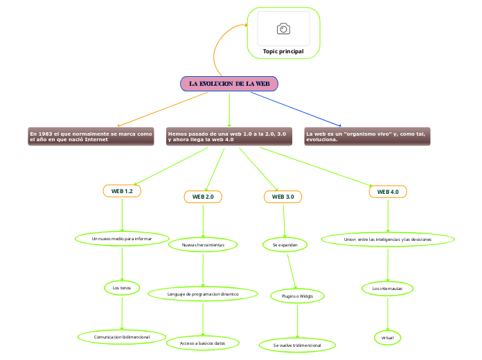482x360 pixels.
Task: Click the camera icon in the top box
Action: pos(283,28)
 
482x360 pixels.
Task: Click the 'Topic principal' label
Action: pos(283,51)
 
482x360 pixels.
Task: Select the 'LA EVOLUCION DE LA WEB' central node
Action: pos(229,84)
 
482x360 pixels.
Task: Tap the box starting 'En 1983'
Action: pos(91,136)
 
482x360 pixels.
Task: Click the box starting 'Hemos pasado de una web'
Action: pos(229,136)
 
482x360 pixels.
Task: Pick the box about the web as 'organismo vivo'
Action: pos(367,136)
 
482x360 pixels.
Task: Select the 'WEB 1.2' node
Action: pos(122,190)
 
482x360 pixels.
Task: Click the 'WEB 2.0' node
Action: pos(203,197)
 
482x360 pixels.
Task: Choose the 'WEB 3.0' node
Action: pos(283,197)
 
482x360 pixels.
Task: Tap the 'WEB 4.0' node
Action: pos(388,191)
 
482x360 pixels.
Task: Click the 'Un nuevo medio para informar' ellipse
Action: pos(122,239)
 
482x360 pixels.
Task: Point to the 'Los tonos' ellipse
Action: pos(122,287)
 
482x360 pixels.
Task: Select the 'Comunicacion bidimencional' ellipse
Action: pos(122,337)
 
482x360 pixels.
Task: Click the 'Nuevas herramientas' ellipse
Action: pos(203,244)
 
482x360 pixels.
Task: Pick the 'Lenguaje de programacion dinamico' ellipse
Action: pos(203,294)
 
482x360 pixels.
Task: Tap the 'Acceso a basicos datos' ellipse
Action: pos(203,343)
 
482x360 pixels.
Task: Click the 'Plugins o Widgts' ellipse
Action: pos(297,296)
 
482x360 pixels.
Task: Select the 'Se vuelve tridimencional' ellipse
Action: pos(297,344)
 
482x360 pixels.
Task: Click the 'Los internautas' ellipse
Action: pos(388,287)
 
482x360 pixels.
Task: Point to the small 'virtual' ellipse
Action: pos(388,337)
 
